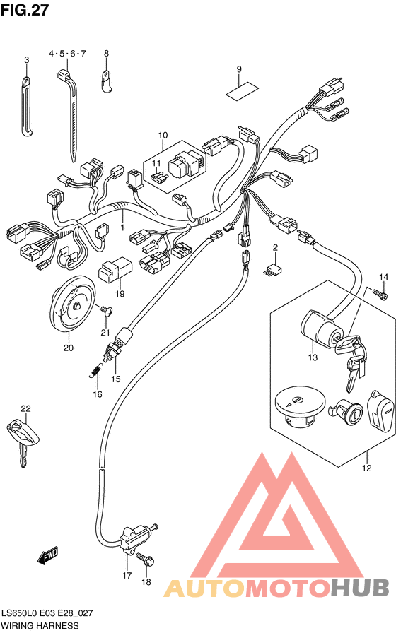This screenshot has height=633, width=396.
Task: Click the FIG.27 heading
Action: pos(24,10)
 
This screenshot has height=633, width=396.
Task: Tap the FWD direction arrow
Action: pos(47,555)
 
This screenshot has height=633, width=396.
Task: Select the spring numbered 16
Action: pos(95,369)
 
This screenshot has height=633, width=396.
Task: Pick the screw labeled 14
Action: pos(380,295)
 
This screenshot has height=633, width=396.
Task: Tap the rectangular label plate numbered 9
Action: pos(242,91)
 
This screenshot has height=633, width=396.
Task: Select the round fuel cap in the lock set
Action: pos(300,404)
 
